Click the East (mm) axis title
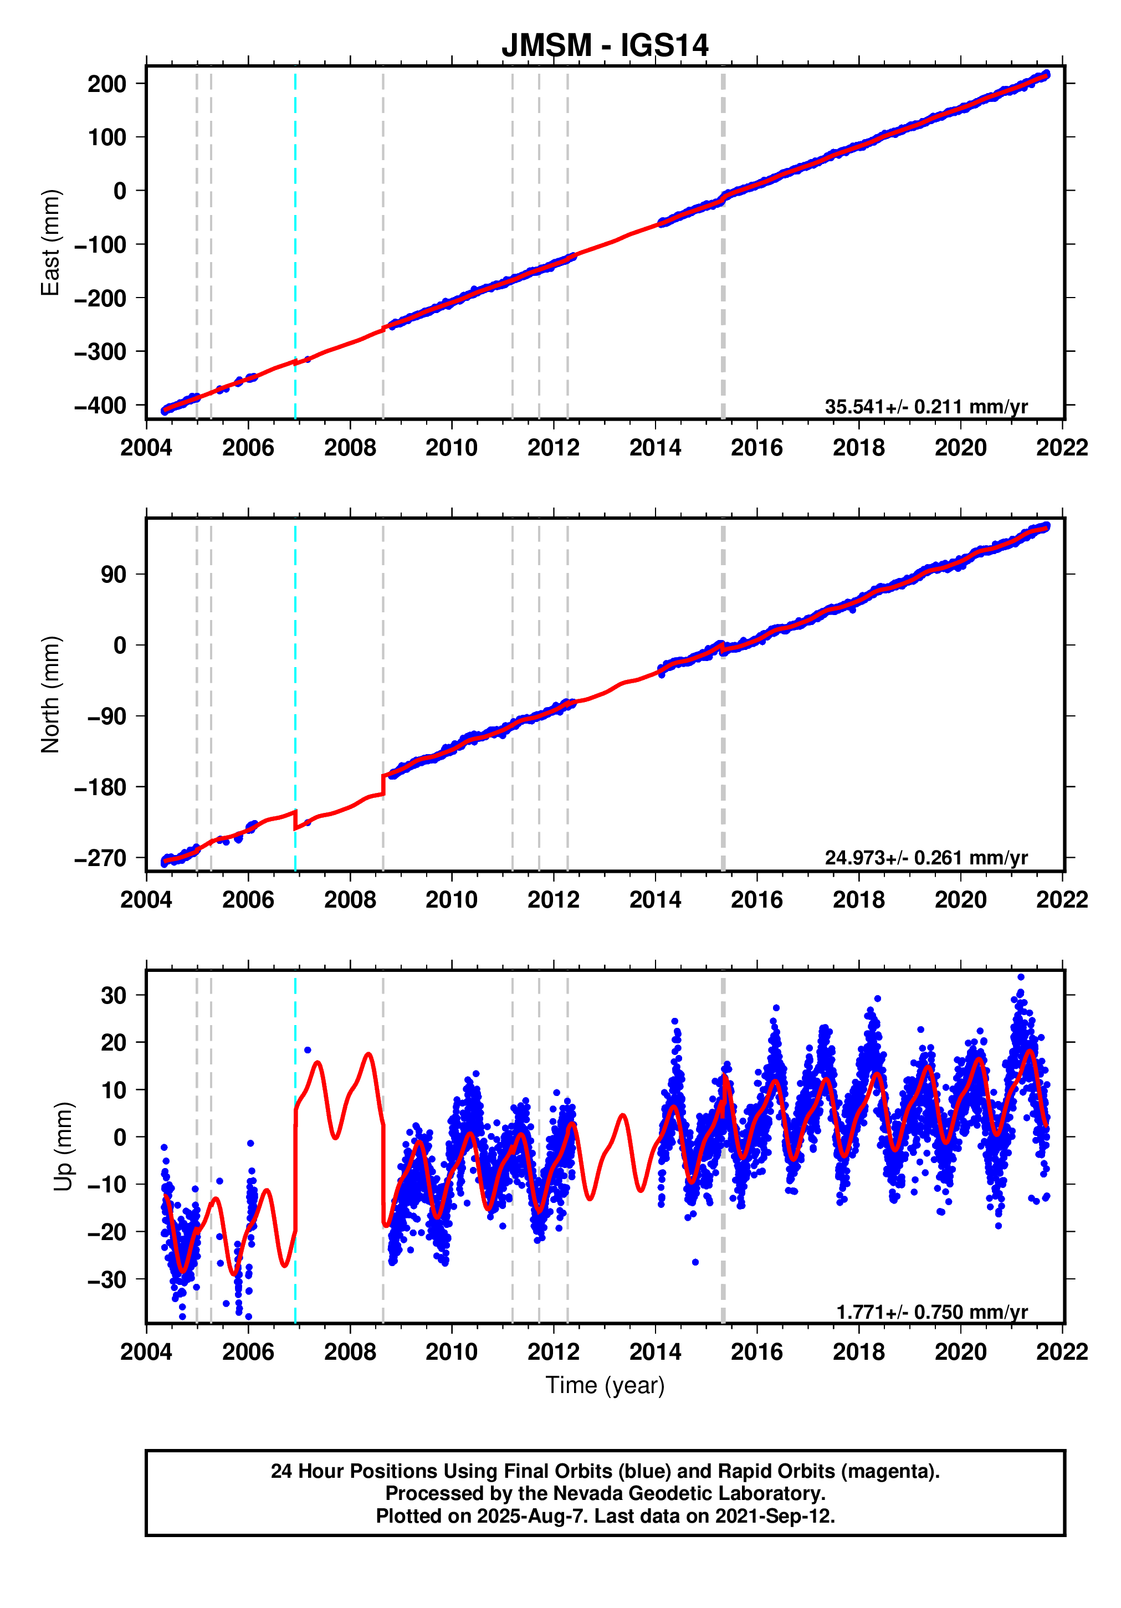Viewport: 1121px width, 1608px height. click(x=50, y=242)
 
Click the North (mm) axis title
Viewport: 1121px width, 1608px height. click(x=50, y=694)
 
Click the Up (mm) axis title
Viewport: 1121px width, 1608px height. click(x=63, y=1146)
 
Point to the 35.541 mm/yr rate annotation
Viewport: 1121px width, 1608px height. click(x=925, y=406)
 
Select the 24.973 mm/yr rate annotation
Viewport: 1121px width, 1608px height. click(x=925, y=857)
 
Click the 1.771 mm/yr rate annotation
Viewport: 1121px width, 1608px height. click(x=931, y=1311)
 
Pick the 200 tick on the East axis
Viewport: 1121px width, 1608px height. click(x=106, y=84)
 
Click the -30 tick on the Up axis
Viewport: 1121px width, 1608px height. click(x=106, y=1279)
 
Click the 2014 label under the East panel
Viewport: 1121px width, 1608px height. click(x=654, y=448)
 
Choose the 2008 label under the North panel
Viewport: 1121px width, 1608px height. click(x=350, y=899)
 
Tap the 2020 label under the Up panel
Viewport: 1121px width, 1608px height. click(x=960, y=1351)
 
